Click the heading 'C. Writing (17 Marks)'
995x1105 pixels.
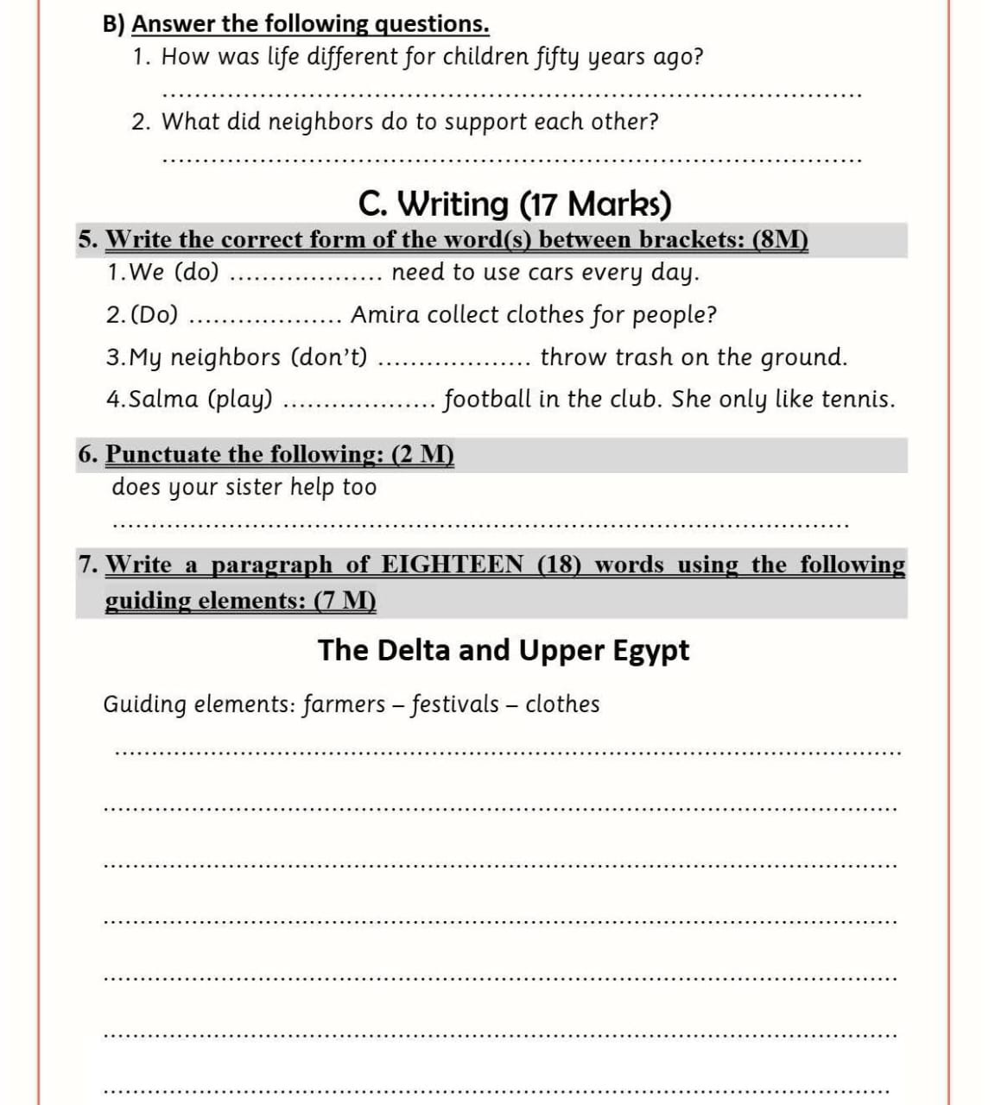pyautogui.click(x=515, y=205)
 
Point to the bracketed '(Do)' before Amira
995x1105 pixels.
pyautogui.click(x=155, y=315)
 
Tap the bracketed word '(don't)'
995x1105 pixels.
pyautogui.click(x=329, y=357)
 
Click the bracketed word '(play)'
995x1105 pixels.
pyautogui.click(x=241, y=400)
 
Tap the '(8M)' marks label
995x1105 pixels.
pyautogui.click(x=781, y=239)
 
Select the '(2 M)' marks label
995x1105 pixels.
pyautogui.click(x=423, y=454)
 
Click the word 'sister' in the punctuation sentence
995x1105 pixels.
pyautogui.click(x=255, y=488)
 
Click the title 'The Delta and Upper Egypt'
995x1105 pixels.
pyautogui.click(x=504, y=650)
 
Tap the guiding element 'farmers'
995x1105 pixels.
pyautogui.click(x=344, y=704)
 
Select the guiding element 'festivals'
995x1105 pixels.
pyautogui.click(x=455, y=704)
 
